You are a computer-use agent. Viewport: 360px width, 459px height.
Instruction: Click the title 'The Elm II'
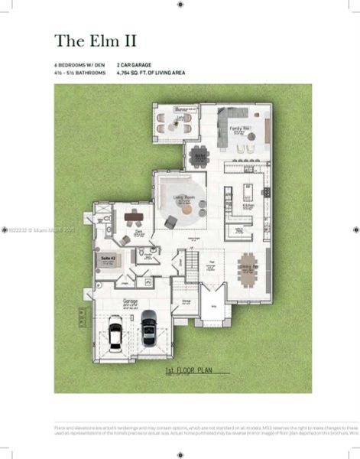[95, 39]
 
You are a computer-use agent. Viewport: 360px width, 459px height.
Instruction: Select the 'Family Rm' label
[238, 129]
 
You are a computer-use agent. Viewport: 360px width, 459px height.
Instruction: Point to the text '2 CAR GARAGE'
[135, 67]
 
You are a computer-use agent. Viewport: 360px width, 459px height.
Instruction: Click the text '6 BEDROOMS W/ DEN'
[79, 67]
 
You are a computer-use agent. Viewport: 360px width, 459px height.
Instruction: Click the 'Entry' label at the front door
[215, 304]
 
